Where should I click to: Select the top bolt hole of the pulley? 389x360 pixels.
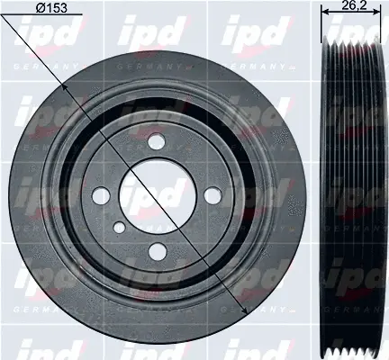(x=157, y=142)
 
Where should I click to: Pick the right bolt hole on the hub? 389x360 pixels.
(x=213, y=194)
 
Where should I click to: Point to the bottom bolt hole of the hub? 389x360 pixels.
(x=157, y=251)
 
